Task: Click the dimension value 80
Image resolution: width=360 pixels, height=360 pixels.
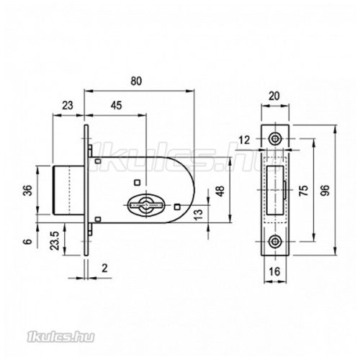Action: click(136, 81)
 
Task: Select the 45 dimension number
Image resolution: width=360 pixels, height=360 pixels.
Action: click(116, 105)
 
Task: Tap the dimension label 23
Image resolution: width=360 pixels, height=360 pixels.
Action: click(68, 105)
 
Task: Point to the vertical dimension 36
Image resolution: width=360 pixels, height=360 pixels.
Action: click(29, 190)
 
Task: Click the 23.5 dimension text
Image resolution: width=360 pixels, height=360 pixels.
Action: click(55, 240)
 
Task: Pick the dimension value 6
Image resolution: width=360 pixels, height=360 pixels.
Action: click(28, 241)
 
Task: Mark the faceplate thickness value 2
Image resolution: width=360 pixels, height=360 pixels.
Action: click(104, 268)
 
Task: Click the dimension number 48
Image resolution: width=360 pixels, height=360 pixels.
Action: click(220, 191)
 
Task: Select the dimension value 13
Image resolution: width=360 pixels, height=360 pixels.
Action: click(199, 215)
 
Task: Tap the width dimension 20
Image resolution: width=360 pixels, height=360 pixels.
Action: click(274, 96)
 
